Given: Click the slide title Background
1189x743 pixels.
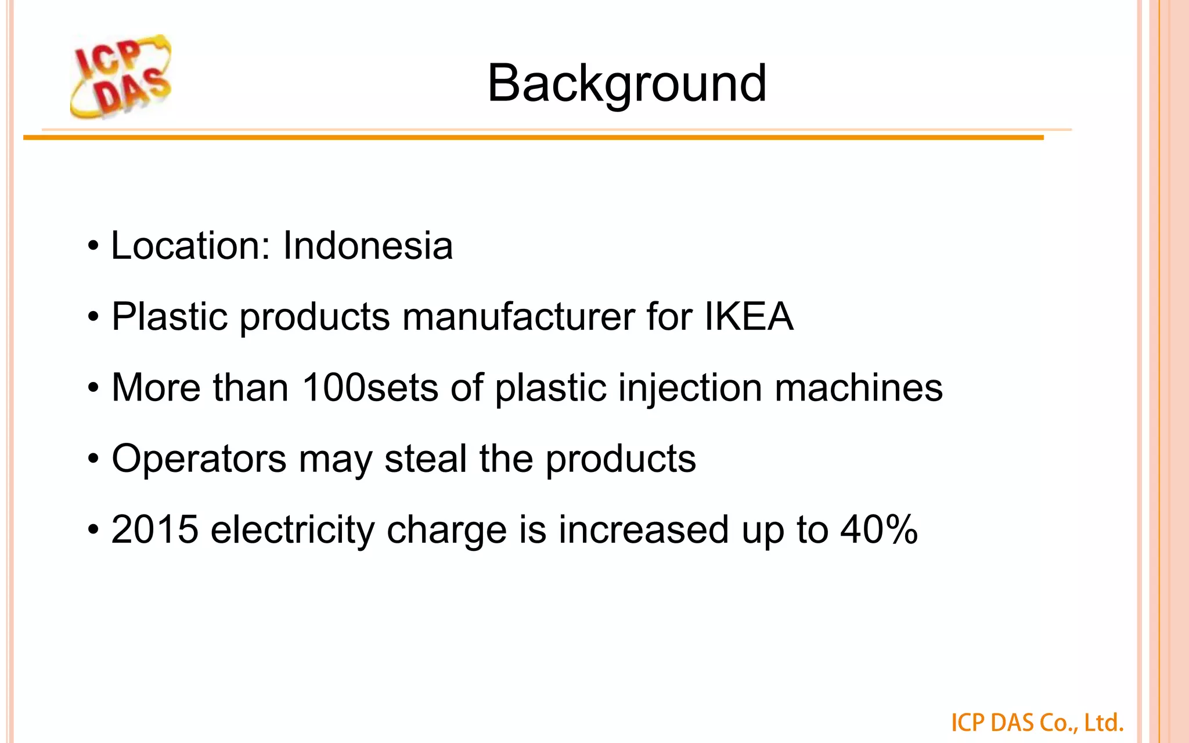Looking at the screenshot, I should coord(626,84).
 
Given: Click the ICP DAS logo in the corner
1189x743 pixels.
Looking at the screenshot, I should coord(121,77).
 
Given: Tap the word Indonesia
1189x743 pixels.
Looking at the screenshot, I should coord(367,246).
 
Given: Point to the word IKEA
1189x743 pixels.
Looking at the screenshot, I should coord(748,317).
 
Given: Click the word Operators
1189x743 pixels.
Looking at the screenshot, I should coord(199,459).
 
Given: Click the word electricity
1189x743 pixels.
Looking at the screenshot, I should coord(293,531).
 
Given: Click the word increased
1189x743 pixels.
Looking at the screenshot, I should coord(643,529).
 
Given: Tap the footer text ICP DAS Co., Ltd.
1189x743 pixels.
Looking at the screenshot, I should coord(1037,723).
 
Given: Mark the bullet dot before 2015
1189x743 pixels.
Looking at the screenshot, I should coord(93,531).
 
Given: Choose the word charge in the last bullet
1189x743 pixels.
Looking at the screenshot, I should coord(446,531).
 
